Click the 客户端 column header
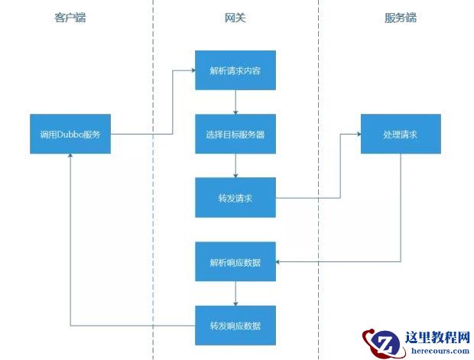coord(70,18)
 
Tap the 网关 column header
coord(235,18)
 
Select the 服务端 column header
coord(401,18)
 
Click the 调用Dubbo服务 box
coord(70,134)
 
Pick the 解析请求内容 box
coord(235,71)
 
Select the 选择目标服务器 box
coord(235,134)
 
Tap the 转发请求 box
coord(235,197)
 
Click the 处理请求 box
coord(401,134)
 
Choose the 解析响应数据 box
coord(235,262)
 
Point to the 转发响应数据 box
coord(235,325)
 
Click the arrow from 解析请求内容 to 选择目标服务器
coord(235,102)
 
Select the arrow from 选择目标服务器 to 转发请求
coord(235,165)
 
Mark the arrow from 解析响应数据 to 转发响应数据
coord(235,294)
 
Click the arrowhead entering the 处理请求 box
coord(357,134)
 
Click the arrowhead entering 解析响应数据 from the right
coord(278,262)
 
